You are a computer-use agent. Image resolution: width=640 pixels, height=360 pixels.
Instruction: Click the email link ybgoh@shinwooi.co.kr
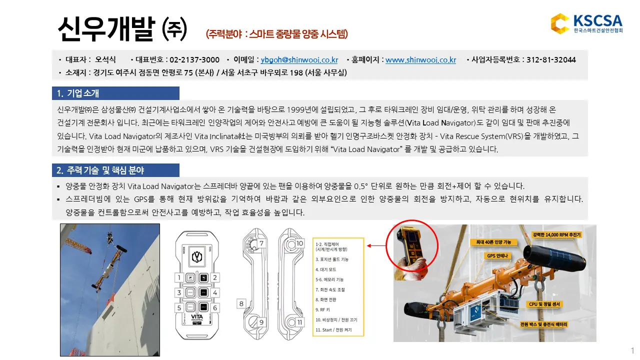[299, 60]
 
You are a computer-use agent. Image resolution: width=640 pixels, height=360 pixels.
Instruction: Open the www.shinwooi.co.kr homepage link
[420, 60]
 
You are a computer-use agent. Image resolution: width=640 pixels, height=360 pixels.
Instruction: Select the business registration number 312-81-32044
[551, 60]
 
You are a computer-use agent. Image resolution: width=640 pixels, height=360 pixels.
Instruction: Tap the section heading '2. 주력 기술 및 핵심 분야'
[100, 170]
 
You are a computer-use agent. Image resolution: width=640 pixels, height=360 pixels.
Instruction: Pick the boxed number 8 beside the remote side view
[241, 303]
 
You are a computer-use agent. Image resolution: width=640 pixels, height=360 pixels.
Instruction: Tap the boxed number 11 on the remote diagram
[299, 322]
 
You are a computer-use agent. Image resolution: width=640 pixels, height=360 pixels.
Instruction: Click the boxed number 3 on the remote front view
[178, 292]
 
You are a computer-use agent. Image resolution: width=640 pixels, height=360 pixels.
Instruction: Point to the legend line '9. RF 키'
[323, 309]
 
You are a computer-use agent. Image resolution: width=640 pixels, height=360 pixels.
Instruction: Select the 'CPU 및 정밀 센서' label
[545, 304]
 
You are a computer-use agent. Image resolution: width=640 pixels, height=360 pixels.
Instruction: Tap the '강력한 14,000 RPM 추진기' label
[556, 234]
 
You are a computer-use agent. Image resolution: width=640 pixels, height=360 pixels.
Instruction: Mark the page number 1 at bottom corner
[632, 349]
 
